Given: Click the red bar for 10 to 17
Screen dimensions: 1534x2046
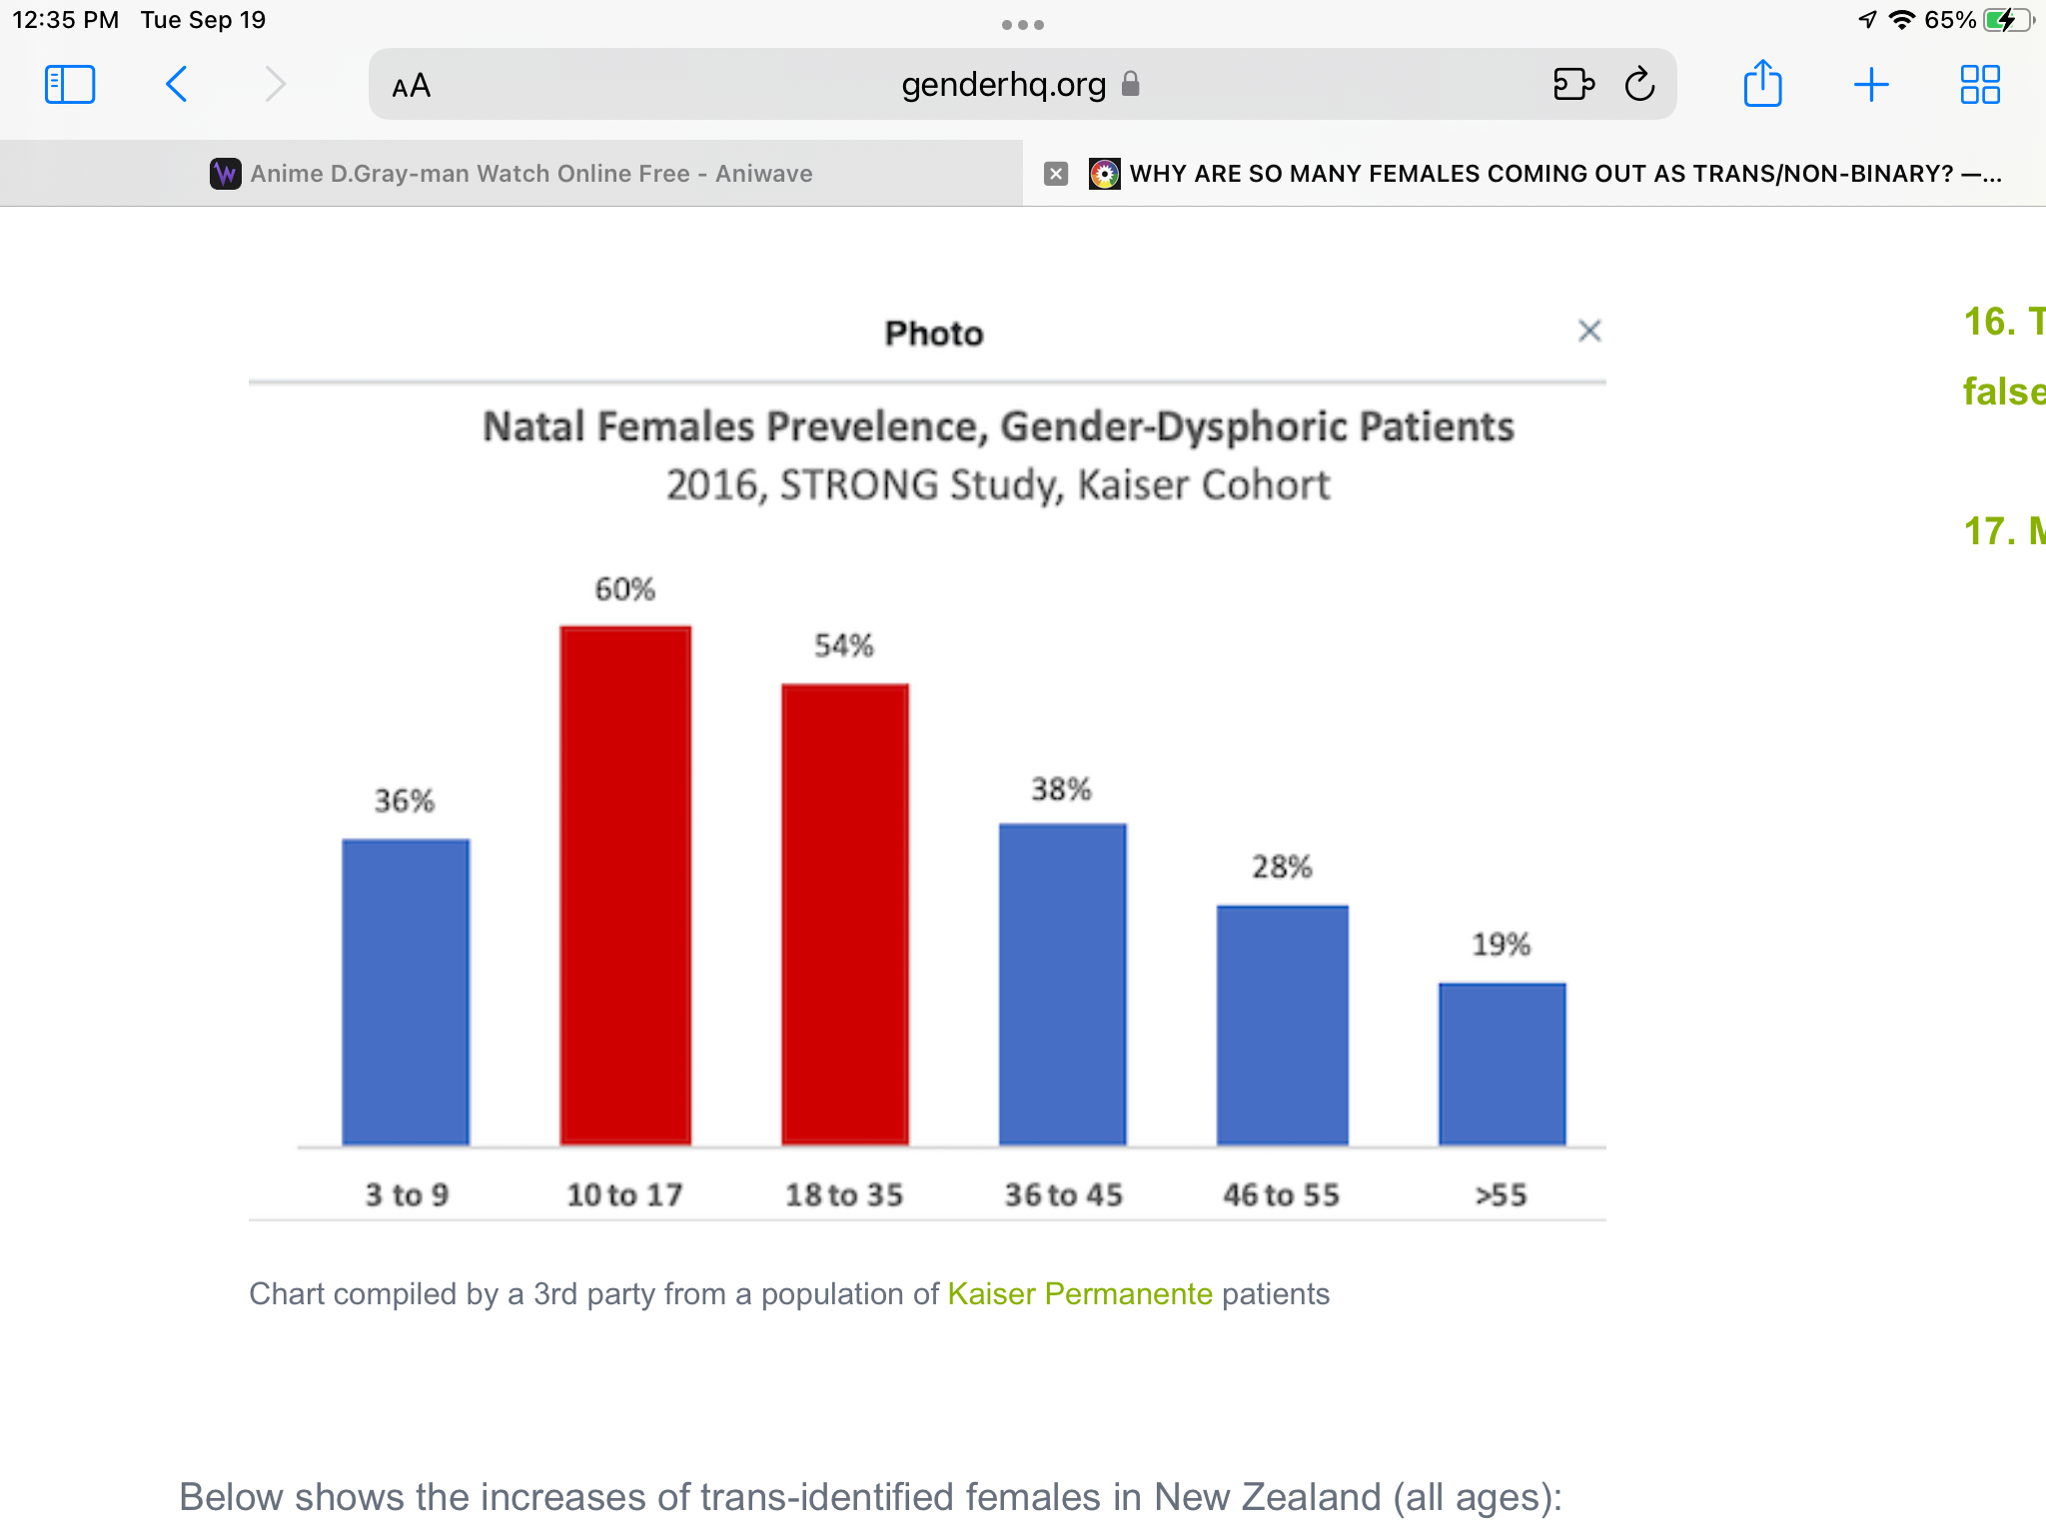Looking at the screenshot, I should (x=625, y=885).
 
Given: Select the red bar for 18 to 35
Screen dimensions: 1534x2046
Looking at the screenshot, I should (x=845, y=914).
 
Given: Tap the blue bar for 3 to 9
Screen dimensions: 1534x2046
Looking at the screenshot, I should (x=406, y=992).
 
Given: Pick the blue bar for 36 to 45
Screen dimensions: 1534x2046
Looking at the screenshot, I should (x=1063, y=984).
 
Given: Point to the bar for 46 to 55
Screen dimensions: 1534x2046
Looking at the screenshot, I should (x=1283, y=1025).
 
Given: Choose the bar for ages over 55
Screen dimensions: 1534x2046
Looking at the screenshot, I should (x=1502, y=1064).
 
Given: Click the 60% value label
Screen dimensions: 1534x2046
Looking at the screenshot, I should (x=625, y=589).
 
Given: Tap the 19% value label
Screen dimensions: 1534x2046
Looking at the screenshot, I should (x=1502, y=945).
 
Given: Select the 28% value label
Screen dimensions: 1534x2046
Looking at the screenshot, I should (x=1283, y=867).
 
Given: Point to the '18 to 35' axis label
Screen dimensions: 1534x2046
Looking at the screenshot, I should (x=844, y=1194).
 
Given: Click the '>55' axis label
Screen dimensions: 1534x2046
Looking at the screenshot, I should (x=1502, y=1194).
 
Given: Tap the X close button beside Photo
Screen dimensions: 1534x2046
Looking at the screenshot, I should (x=1589, y=331).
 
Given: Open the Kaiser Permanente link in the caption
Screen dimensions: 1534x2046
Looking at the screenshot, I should (x=1080, y=1294).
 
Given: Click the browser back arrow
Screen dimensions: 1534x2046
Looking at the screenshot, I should (x=177, y=85).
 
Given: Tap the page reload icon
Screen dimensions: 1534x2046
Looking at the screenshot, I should (x=1639, y=85).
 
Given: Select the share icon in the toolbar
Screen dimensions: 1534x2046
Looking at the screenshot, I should (x=1762, y=84).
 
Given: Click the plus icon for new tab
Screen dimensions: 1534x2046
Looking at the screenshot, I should (x=1870, y=85).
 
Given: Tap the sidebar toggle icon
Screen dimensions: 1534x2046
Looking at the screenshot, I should (x=70, y=85).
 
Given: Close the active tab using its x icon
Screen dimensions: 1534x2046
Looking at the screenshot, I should (x=1056, y=174).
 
